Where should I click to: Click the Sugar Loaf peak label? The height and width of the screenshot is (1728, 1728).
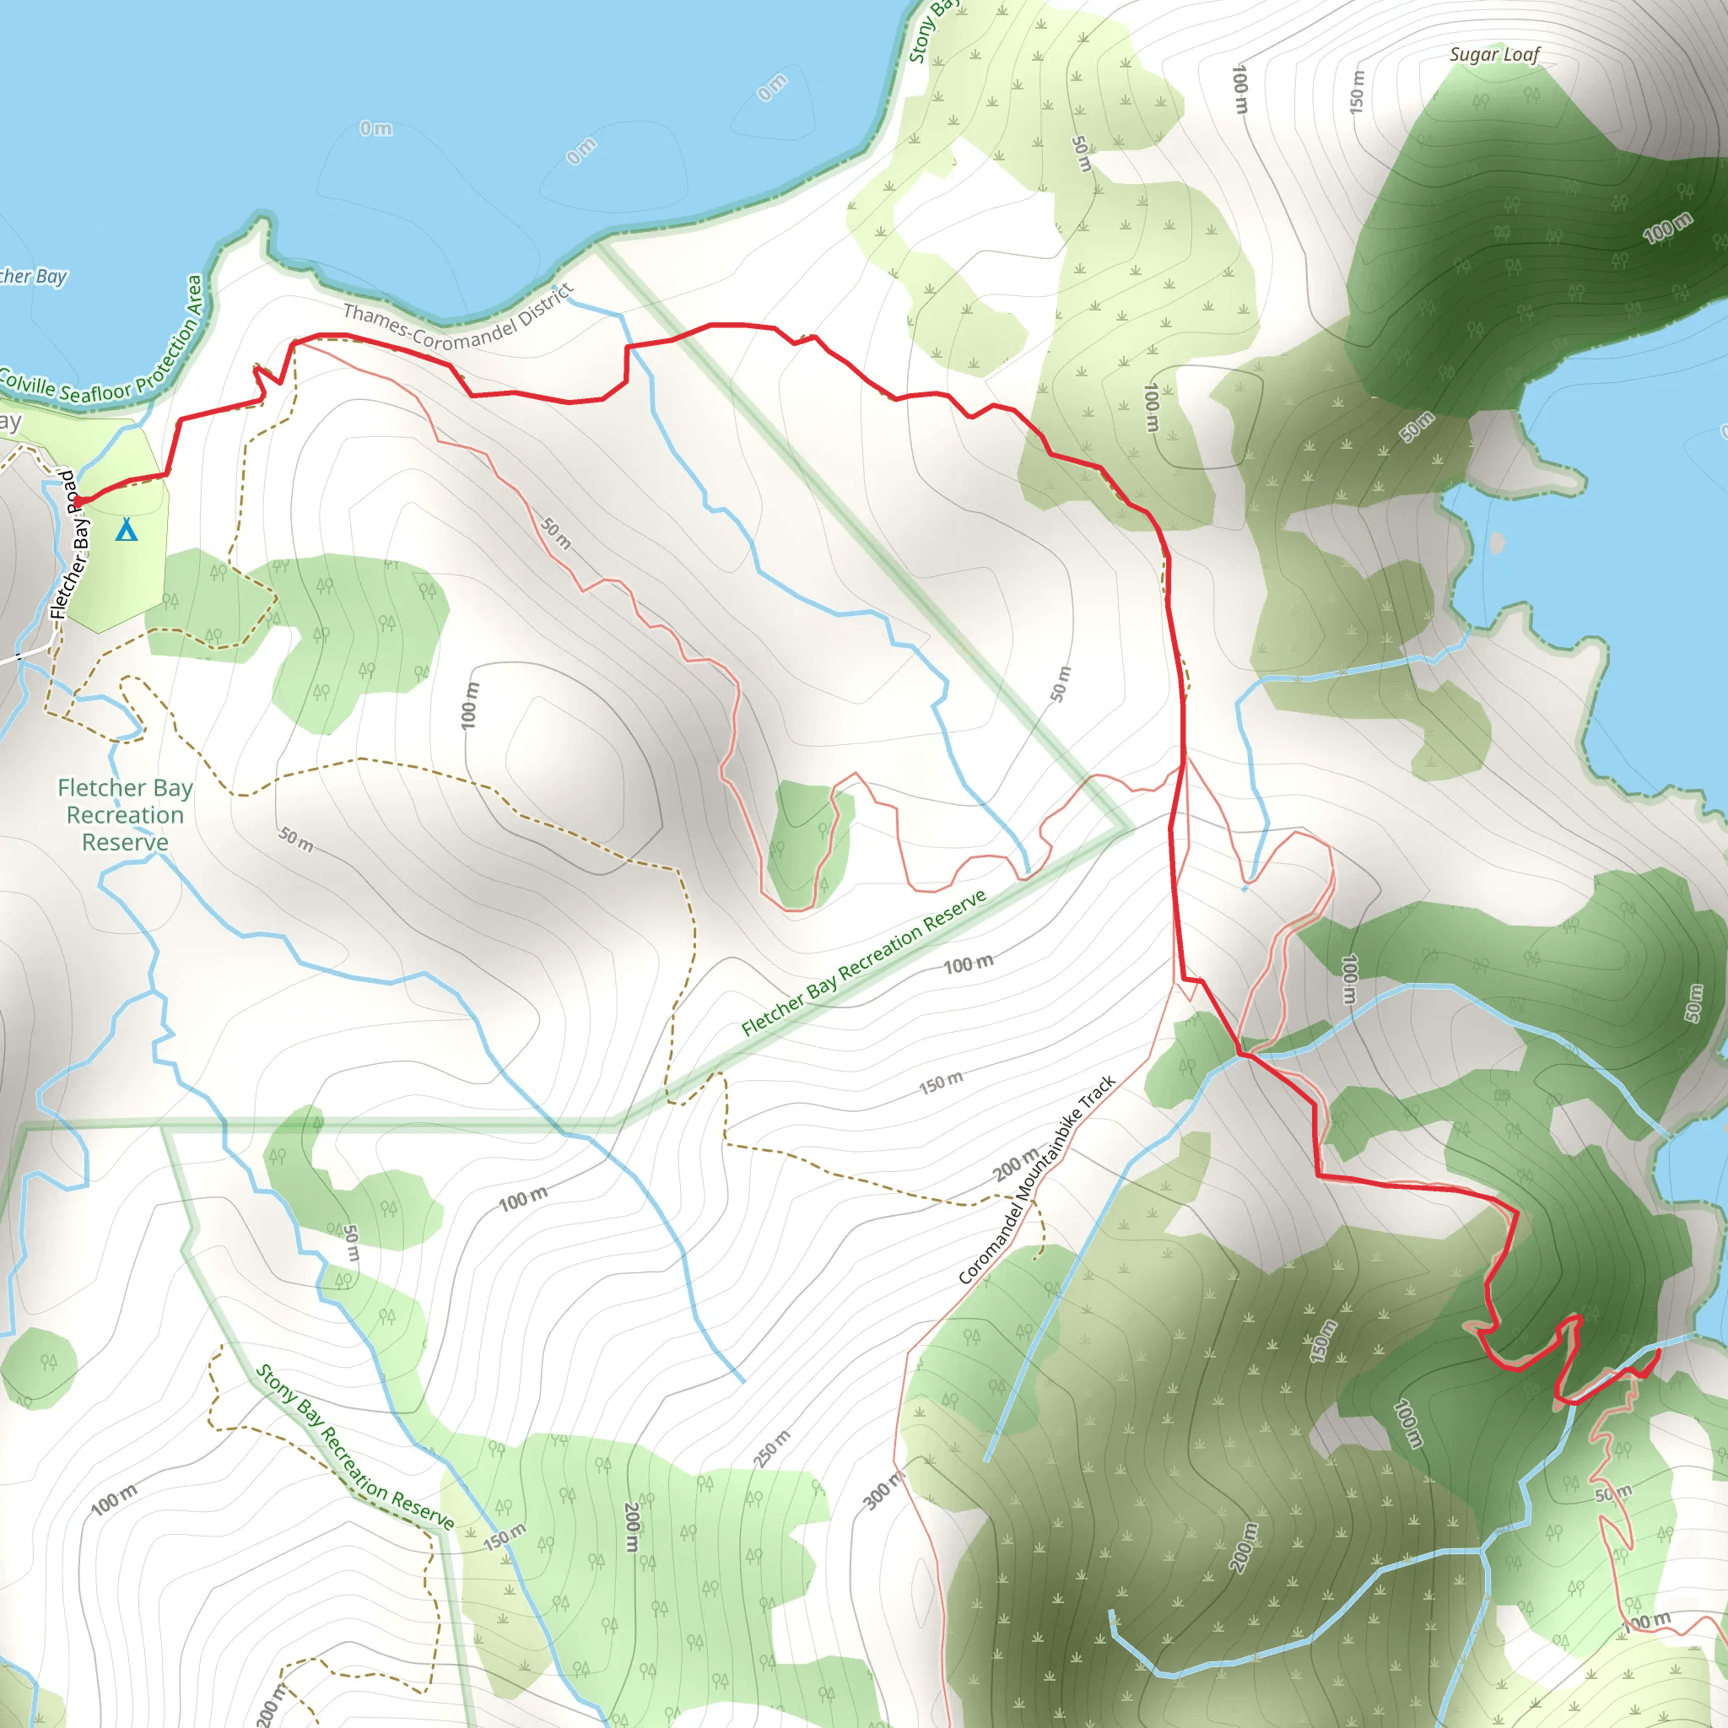1494,55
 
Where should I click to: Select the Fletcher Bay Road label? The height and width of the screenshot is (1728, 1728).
72,545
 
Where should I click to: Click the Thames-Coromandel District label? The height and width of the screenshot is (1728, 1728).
457,319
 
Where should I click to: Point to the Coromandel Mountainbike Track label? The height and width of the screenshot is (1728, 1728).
1037,1180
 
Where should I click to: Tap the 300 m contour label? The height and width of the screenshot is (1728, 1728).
882,1489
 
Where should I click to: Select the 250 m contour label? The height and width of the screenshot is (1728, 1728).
771,1448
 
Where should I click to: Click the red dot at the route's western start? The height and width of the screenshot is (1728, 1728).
78,500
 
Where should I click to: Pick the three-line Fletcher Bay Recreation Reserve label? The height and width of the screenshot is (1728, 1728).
125,815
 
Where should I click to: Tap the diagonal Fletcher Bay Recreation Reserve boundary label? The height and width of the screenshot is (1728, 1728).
864,963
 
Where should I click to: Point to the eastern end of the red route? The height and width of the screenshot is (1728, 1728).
1658,1352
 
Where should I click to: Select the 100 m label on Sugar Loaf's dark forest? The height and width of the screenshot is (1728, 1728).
1668,227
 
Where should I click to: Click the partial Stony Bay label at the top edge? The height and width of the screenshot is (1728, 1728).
930,31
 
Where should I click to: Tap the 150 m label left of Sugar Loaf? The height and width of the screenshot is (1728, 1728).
1358,90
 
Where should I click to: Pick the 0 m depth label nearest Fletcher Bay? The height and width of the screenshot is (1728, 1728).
375,129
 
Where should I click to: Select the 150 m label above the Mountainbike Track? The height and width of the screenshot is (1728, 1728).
941,1083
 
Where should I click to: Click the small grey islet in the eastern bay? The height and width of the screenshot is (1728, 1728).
1498,541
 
